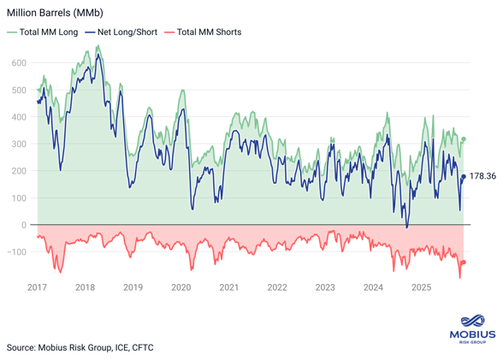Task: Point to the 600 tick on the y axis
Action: [x=19, y=63]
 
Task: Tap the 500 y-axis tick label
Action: [x=19, y=91]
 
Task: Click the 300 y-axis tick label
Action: [x=19, y=145]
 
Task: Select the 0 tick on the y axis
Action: [x=24, y=225]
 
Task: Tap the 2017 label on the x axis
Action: [x=37, y=288]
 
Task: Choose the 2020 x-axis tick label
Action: [x=181, y=288]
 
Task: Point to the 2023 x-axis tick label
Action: [x=325, y=288]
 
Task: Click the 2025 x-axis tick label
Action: [x=421, y=288]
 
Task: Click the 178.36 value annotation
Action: [x=483, y=177]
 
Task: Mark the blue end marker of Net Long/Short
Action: [x=464, y=177]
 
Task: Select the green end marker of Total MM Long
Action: [x=464, y=139]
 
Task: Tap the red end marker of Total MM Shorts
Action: [x=464, y=263]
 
